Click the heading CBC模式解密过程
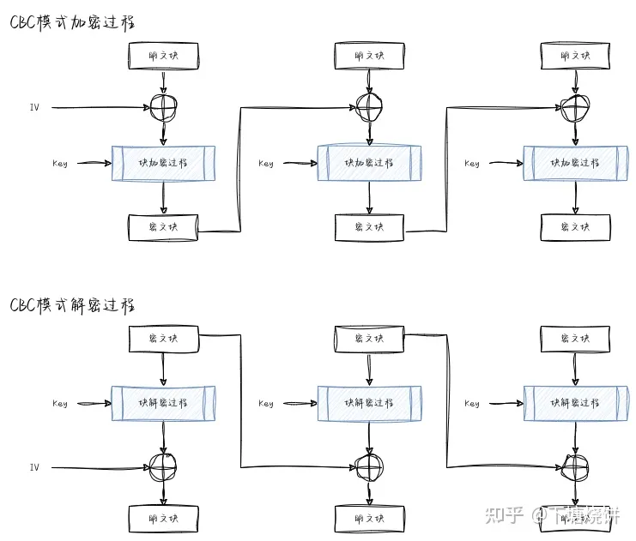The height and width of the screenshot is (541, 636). [x=73, y=304]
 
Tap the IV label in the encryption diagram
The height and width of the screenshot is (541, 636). [x=34, y=107]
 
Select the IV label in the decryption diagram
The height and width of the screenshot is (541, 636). [x=34, y=467]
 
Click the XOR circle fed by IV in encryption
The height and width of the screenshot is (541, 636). [x=163, y=108]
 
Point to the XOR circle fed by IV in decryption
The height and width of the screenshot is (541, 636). [x=163, y=467]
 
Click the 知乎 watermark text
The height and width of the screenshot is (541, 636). [x=504, y=514]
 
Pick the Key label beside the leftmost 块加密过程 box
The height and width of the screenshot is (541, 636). [x=60, y=163]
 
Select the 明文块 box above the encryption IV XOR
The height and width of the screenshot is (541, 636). [x=163, y=56]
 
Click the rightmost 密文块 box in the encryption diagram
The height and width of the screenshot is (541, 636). [x=576, y=227]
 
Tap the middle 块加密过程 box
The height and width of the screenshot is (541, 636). [x=370, y=163]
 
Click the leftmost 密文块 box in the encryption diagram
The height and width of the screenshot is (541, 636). [x=163, y=227]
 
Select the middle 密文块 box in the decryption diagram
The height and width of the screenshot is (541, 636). [x=369, y=340]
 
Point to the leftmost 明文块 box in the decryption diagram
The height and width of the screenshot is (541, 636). [x=163, y=519]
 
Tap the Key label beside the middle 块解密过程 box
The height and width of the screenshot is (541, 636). [x=266, y=404]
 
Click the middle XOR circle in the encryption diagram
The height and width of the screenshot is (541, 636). [x=370, y=108]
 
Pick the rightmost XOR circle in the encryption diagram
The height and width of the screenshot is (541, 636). [x=576, y=108]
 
